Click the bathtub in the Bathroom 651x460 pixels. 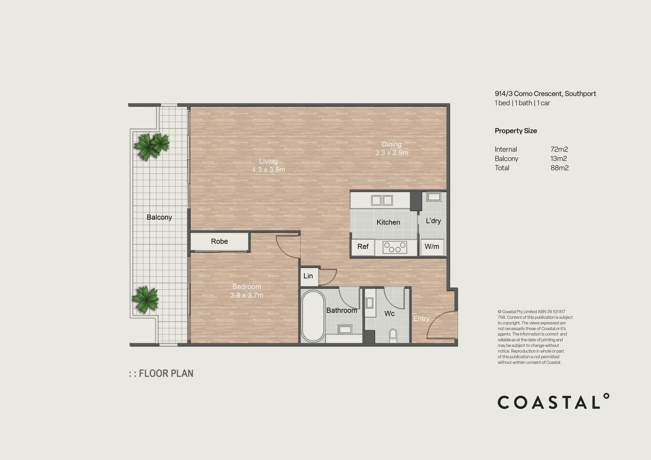point(313,316)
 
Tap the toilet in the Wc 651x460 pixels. point(393,334)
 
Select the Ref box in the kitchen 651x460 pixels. point(363,247)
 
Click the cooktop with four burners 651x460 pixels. point(395,247)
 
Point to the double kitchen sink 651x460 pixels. point(382,200)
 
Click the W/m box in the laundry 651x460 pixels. point(432,247)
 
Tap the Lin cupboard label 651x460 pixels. point(308,276)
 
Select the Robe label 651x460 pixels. point(219,241)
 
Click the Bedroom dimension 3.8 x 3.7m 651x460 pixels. point(247,295)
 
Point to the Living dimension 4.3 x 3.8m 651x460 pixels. point(268,170)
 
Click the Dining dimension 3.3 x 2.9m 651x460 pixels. point(392,153)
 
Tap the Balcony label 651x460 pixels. point(159,217)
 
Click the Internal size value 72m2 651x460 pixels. point(559,149)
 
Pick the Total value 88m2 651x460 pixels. point(559,168)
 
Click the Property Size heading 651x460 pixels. point(516,131)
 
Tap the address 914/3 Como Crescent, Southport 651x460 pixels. point(545,94)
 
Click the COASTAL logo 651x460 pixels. point(553,402)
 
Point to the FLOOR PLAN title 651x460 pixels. point(166,374)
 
